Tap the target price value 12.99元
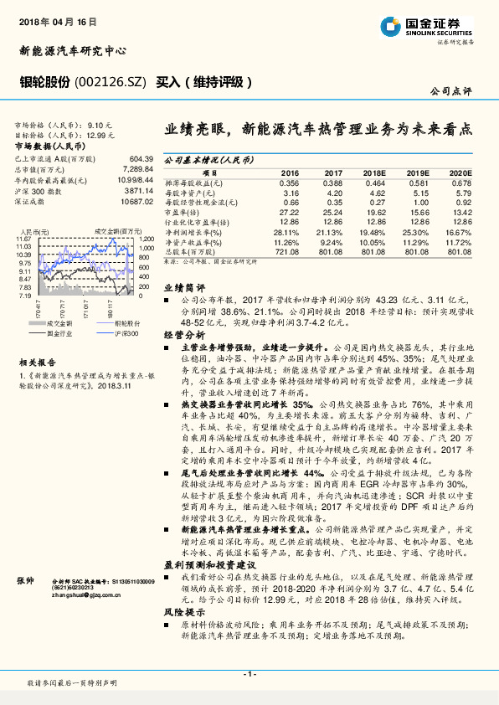(x=99, y=134)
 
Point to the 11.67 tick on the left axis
(x=24, y=239)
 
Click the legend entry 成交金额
(x=58, y=322)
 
